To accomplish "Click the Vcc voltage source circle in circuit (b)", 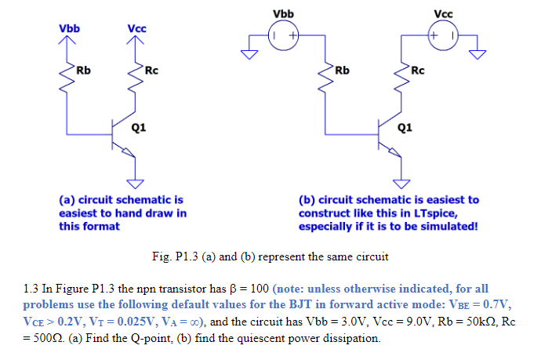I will (x=442, y=36).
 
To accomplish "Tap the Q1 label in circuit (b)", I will (x=404, y=126).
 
